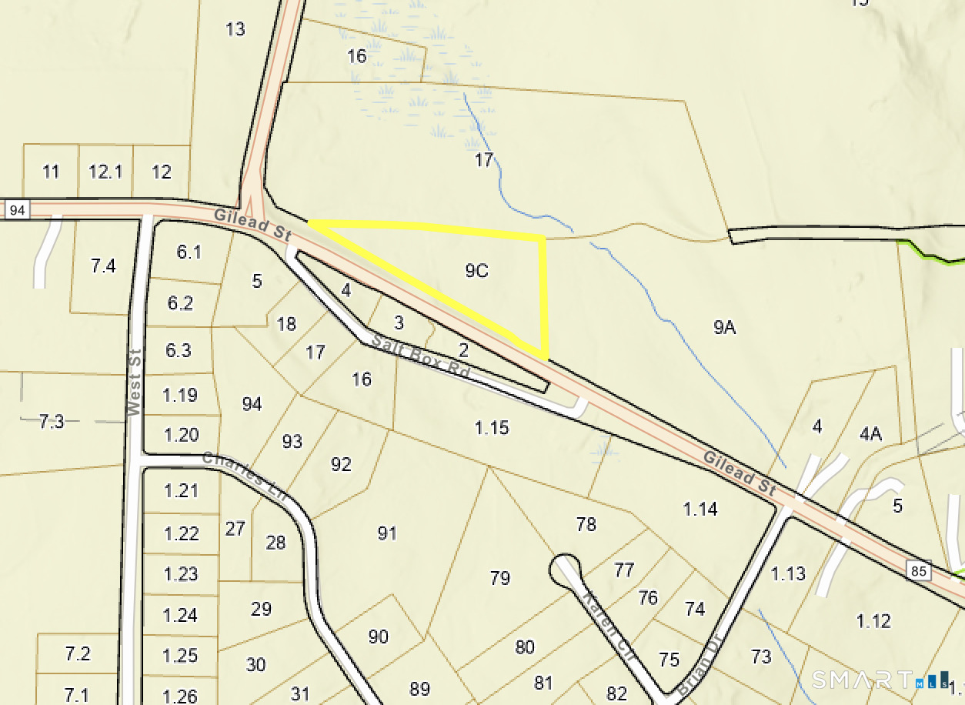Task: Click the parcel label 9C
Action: click(x=477, y=271)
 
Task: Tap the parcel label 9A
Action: click(x=725, y=328)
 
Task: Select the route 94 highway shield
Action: click(x=18, y=209)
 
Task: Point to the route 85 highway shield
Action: click(x=919, y=572)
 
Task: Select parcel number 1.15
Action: click(x=492, y=427)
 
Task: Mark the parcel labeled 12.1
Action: click(x=105, y=172)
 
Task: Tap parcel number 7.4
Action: click(x=103, y=266)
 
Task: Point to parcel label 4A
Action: click(x=870, y=434)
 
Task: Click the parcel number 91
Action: click(x=387, y=533)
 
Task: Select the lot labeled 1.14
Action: click(x=700, y=509)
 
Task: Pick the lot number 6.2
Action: click(x=180, y=303)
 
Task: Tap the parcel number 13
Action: click(x=235, y=29)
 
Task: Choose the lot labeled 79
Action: click(x=500, y=577)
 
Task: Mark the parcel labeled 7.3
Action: click(x=52, y=421)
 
